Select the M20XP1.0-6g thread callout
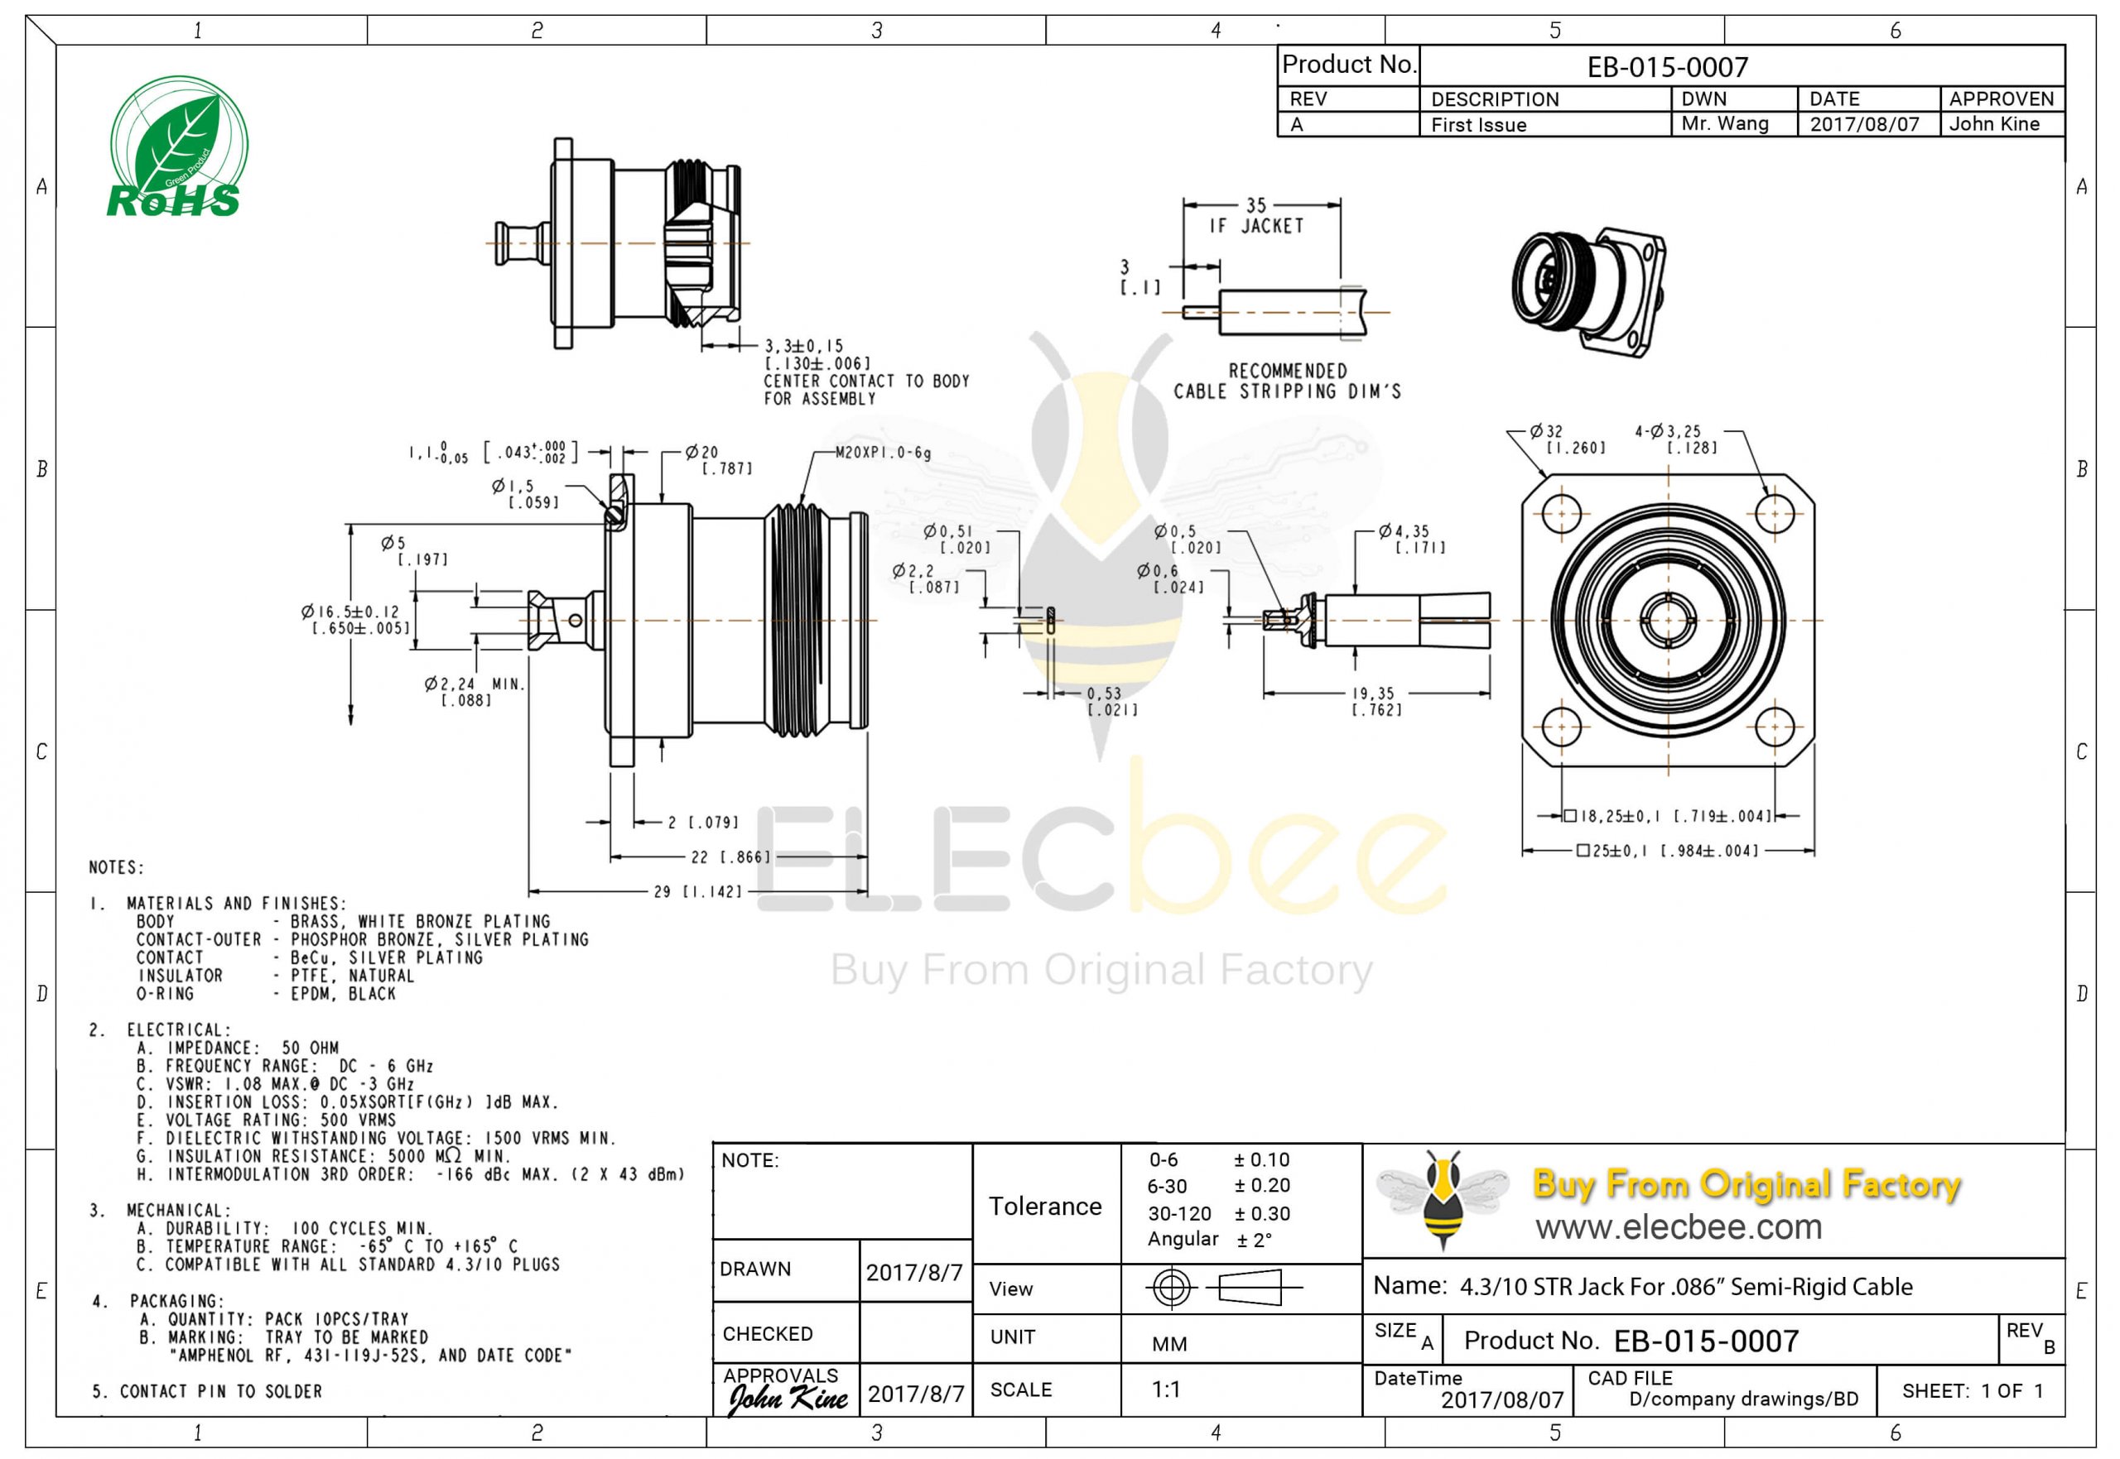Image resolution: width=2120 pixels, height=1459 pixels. point(883,453)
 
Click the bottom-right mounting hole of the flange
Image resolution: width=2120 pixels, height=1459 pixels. point(1775,727)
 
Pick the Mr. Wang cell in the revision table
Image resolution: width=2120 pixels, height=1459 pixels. point(1724,123)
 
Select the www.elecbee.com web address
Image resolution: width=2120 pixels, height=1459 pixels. point(1679,1226)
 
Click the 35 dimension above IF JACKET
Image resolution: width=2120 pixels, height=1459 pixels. point(1255,204)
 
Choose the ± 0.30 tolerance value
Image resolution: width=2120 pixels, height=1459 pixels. point(1262,1213)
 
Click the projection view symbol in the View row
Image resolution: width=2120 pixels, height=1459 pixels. point(1223,1288)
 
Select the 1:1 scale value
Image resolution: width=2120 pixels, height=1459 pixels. point(1165,1389)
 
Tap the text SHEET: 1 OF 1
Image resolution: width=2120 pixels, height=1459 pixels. point(1972,1390)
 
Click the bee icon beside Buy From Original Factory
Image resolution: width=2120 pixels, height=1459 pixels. point(1443,1197)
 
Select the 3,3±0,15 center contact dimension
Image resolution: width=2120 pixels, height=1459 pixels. point(805,347)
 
